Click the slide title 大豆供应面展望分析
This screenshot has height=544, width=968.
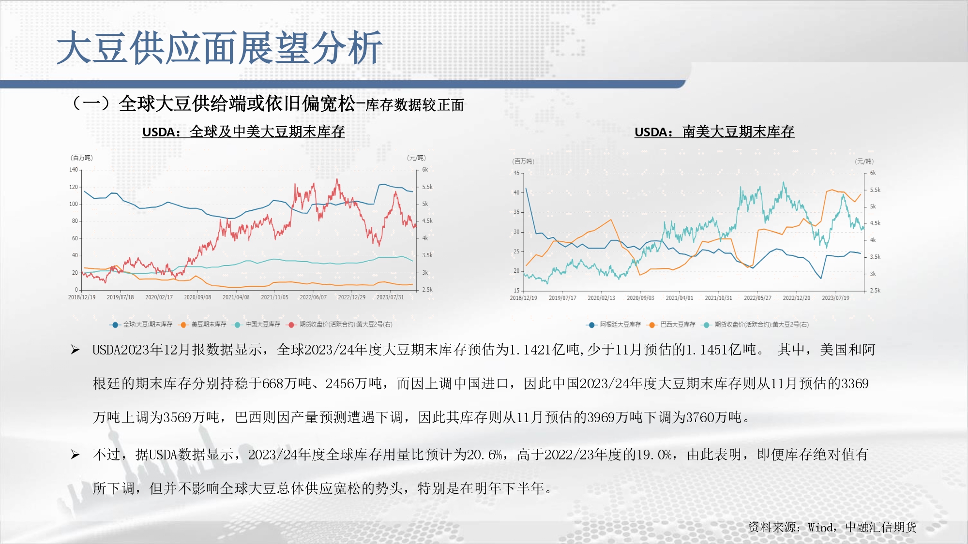[220, 47]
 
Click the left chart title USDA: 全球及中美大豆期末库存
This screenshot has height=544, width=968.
[243, 132]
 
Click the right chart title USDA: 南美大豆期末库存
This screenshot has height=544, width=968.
[714, 132]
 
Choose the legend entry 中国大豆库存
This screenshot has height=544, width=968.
[263, 324]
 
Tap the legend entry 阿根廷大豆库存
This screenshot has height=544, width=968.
[620, 324]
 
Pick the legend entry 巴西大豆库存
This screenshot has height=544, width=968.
[678, 324]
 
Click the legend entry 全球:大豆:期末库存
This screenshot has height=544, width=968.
[148, 324]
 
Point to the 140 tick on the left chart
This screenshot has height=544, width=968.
[73, 170]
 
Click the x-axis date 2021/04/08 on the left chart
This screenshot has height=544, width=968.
[236, 297]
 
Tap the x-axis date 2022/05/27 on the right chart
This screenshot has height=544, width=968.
[757, 298]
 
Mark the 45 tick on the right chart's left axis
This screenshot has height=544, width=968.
[516, 173]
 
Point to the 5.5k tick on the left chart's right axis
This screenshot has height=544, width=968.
[427, 187]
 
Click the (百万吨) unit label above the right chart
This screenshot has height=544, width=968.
[523, 162]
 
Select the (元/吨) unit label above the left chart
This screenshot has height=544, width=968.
[416, 158]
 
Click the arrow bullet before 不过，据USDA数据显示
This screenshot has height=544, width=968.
[75, 455]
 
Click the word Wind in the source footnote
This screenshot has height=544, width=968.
[821, 527]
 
